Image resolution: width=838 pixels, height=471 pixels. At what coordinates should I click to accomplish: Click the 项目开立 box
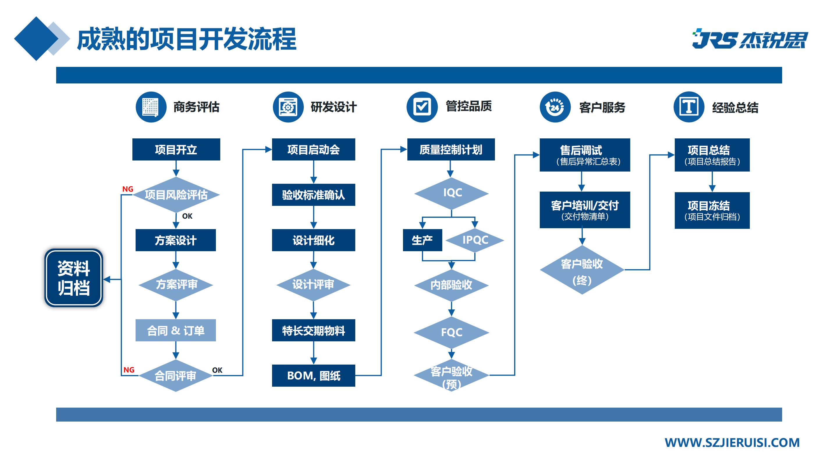[x=176, y=149]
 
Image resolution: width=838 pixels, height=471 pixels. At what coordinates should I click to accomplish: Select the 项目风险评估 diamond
[x=176, y=195]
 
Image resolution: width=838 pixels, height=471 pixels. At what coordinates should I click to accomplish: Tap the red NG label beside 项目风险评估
[x=127, y=189]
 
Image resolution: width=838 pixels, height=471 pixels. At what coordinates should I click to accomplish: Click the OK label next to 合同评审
[x=217, y=370]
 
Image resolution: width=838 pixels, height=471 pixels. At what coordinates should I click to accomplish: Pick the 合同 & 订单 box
[x=176, y=330]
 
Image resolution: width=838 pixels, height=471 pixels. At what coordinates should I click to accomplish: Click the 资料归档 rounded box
[x=74, y=278]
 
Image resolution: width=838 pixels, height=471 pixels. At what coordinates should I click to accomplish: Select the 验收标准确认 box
[x=313, y=195]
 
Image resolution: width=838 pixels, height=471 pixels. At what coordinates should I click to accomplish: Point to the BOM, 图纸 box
[x=313, y=375]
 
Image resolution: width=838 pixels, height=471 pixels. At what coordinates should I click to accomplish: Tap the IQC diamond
[x=452, y=193]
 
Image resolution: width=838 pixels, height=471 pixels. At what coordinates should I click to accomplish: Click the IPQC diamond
[x=475, y=240]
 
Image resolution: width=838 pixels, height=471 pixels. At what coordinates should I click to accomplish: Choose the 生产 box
[x=422, y=240]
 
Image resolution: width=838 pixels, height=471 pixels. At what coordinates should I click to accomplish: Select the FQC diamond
[x=452, y=332]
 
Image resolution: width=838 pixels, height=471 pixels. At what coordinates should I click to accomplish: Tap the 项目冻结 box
[x=712, y=210]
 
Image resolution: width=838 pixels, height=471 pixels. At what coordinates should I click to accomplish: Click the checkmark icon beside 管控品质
[x=422, y=107]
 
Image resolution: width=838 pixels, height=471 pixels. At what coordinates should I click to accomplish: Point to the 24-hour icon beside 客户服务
[x=555, y=107]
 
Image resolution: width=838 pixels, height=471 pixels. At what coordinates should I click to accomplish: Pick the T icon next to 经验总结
[x=689, y=107]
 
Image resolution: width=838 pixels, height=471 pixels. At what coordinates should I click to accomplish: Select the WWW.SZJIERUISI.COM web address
[x=732, y=443]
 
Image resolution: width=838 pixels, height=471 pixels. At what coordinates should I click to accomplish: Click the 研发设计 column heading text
[x=333, y=107]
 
